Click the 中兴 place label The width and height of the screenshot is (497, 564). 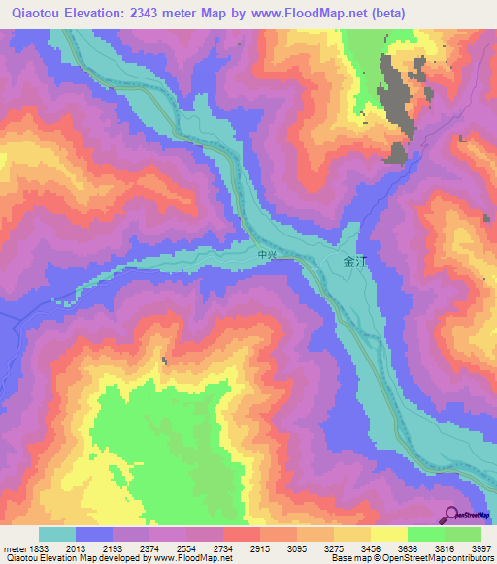pos(268,255)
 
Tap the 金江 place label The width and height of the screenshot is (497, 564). pos(355,261)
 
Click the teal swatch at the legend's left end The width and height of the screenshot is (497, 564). pos(57,534)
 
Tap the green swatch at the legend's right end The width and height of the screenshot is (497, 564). pos(463,534)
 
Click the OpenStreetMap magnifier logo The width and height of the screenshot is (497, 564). pos(450,515)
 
